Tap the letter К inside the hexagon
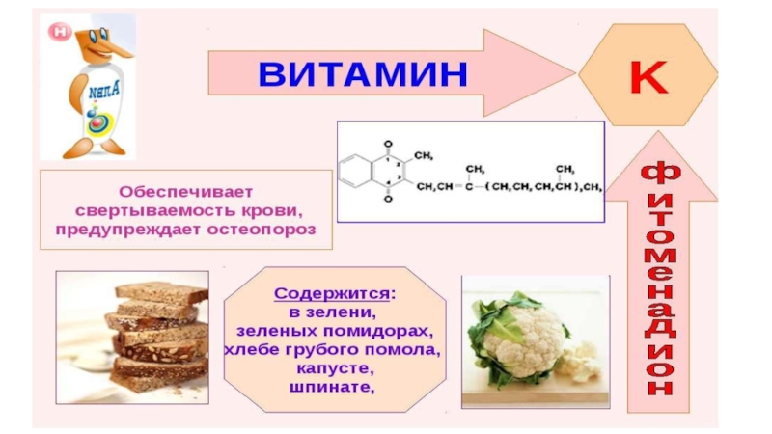click(648, 76)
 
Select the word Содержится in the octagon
click(320, 292)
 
